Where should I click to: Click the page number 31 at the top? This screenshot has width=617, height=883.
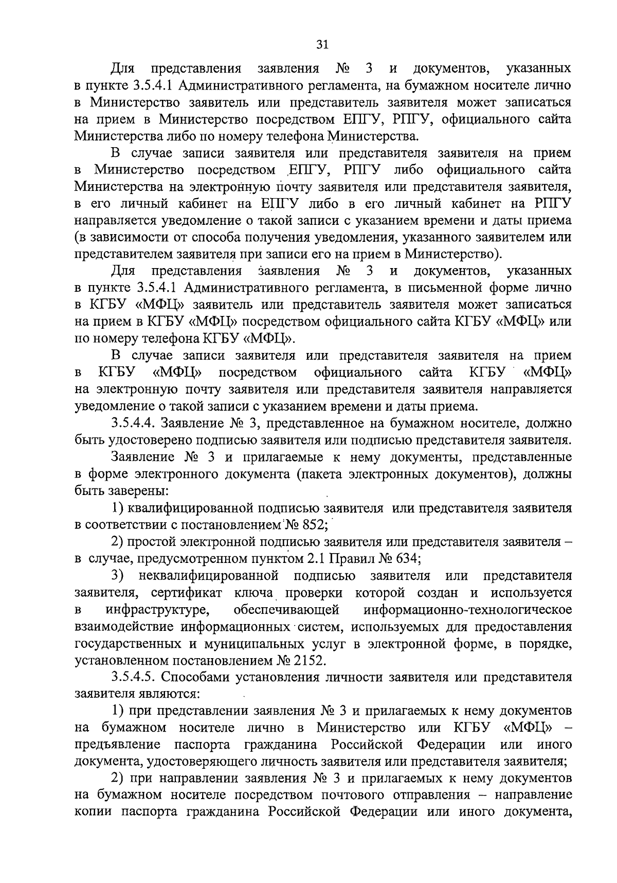(322, 45)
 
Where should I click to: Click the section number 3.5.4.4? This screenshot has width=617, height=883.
(133, 423)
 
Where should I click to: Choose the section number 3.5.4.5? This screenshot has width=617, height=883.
(134, 677)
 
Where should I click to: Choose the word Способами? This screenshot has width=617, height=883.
(198, 677)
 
